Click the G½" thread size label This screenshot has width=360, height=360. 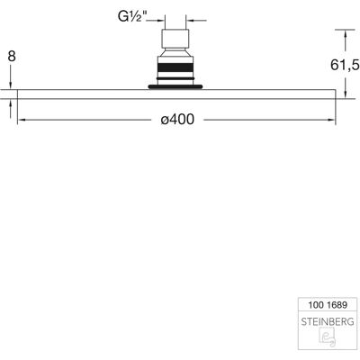tap(132, 17)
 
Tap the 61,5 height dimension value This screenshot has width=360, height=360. tap(345, 65)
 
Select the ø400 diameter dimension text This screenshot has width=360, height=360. tap(177, 120)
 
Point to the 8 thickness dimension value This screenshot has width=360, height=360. tap(12, 56)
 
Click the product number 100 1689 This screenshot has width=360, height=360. tap(328, 305)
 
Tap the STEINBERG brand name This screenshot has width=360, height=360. tap(328, 322)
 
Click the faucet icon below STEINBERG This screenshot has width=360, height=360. tap(328, 337)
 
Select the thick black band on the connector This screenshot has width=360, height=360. tap(175, 67)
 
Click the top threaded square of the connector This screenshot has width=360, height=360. tap(175, 39)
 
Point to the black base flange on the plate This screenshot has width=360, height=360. tap(175, 87)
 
